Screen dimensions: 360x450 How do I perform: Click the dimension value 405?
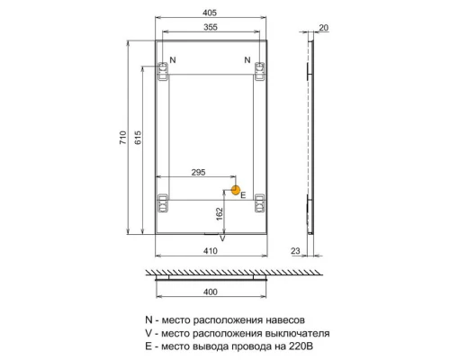pos(211,13)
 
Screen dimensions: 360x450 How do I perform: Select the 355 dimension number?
pos(211,27)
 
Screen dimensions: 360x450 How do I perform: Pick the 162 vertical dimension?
pos(220,213)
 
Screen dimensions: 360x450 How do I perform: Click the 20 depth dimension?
pos(323,28)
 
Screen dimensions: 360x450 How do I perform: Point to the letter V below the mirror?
pos(223,238)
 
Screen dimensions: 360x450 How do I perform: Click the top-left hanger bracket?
pos(164,71)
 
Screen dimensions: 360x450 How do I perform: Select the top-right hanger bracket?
pos(259,71)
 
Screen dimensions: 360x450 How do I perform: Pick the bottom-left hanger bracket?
pos(164,203)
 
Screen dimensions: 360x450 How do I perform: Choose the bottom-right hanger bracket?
pos(259,203)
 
